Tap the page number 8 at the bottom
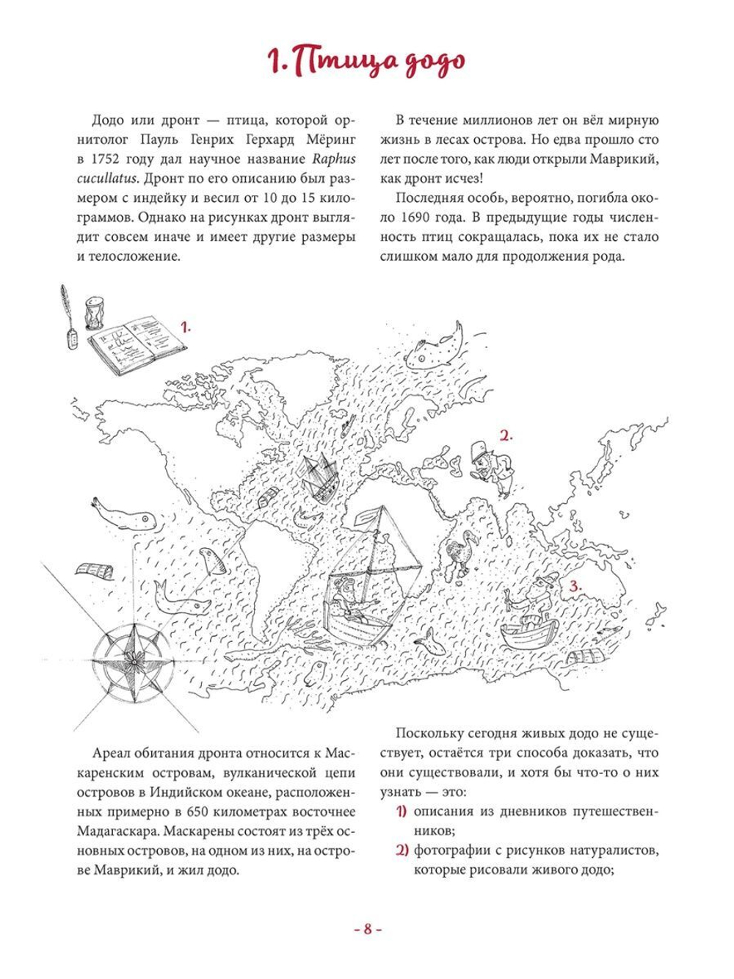(367, 929)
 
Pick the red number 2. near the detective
(505, 436)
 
